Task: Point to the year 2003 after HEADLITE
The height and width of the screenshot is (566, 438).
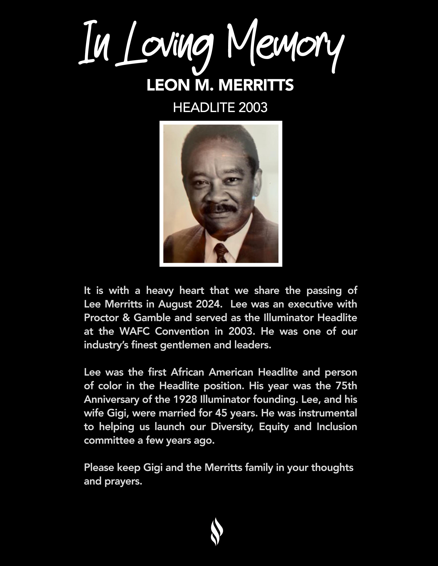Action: click(x=253, y=107)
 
